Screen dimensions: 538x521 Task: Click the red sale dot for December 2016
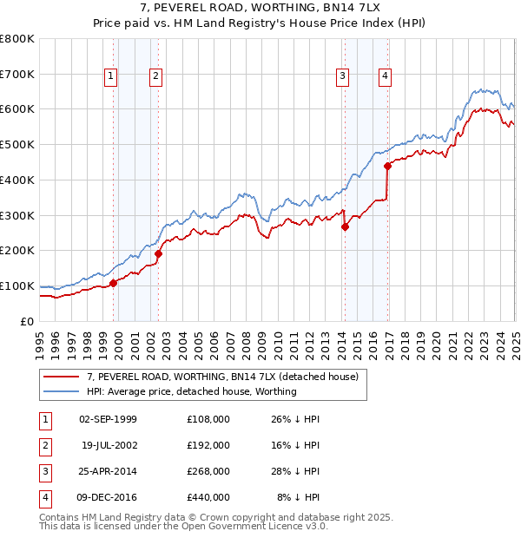click(x=387, y=167)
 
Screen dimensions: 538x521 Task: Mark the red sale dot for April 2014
click(x=345, y=227)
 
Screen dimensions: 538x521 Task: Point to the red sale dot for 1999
click(x=114, y=283)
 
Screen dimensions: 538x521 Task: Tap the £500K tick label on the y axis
click(x=17, y=145)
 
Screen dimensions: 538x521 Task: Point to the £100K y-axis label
click(x=17, y=285)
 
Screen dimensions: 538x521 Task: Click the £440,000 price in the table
click(x=208, y=497)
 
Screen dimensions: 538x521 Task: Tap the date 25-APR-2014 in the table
click(x=108, y=471)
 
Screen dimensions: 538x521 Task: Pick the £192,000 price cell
click(x=208, y=445)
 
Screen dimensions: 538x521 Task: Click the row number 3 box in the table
click(x=43, y=471)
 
